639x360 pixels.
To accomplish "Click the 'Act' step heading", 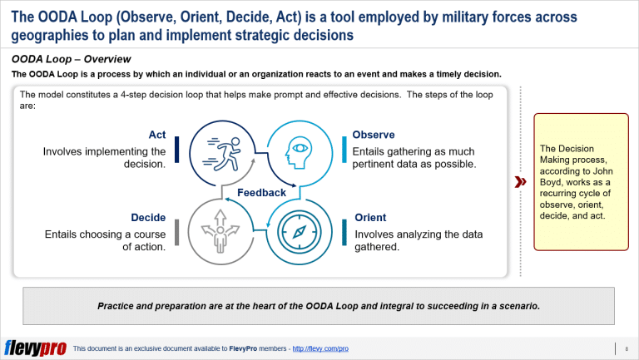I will click(157, 135).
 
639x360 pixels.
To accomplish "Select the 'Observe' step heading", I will click(373, 135).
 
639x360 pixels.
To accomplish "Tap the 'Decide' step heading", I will click(148, 218).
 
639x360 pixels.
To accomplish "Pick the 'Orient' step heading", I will click(370, 218).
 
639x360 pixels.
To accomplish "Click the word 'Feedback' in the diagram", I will click(261, 193).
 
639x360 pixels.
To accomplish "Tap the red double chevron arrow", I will click(521, 181).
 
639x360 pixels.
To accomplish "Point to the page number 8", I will click(626, 348).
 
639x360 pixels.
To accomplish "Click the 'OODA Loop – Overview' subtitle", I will click(71, 60).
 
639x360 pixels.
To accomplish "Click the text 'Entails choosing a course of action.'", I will click(106, 241).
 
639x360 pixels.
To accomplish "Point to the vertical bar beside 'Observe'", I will click(344, 148).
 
